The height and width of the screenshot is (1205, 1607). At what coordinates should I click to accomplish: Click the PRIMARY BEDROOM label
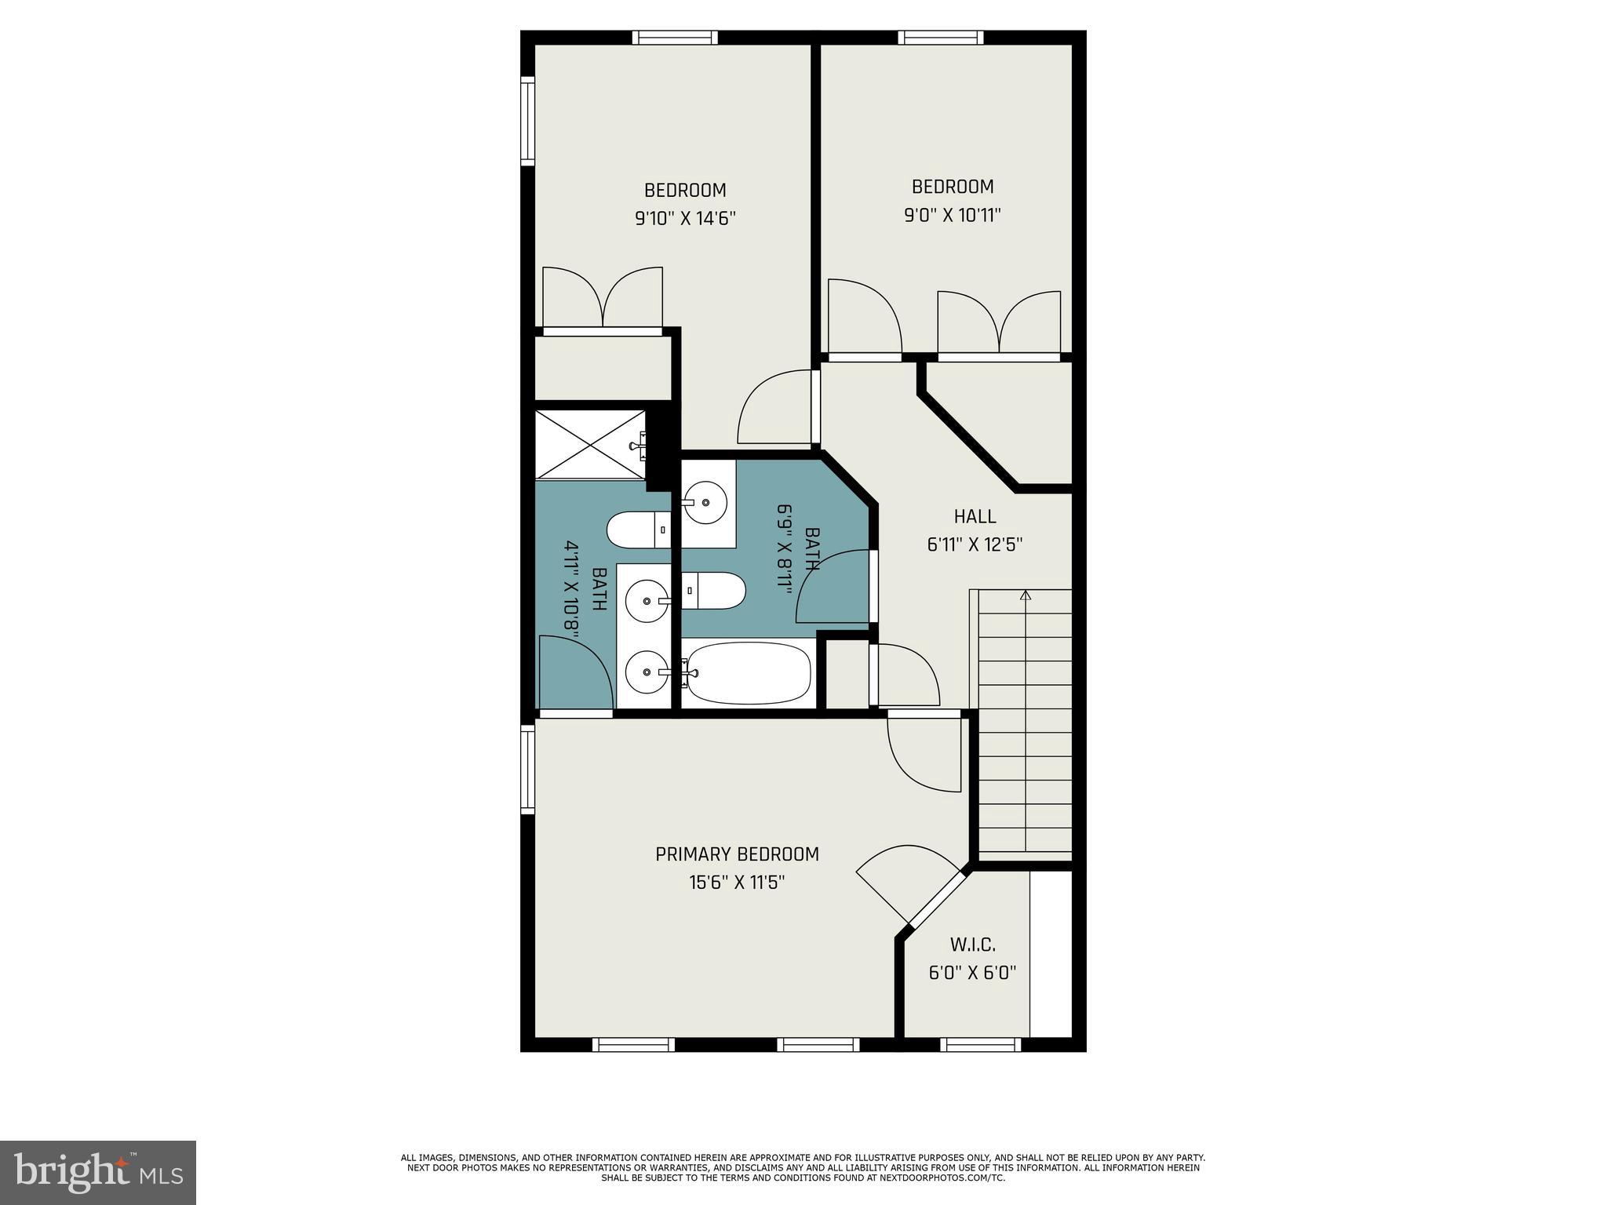point(737,854)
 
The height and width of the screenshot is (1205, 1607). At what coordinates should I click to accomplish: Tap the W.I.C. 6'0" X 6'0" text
point(972,959)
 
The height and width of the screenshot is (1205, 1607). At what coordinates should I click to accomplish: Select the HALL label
point(975,516)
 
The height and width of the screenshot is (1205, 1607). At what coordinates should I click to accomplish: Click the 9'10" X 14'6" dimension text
point(685,218)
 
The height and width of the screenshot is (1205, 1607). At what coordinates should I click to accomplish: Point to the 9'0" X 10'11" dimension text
point(953,215)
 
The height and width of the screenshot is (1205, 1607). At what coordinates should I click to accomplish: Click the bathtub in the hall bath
point(748,673)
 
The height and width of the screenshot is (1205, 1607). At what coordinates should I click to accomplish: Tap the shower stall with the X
point(590,443)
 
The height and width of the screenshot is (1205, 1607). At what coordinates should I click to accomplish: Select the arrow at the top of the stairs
point(1025,595)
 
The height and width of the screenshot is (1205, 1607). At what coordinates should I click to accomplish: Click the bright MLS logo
point(98,1172)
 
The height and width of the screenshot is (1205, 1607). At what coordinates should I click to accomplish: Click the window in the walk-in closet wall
point(980,1044)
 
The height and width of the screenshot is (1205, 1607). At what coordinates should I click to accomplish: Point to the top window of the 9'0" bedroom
point(940,37)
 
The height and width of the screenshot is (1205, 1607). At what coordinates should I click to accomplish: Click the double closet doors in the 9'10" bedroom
point(603,298)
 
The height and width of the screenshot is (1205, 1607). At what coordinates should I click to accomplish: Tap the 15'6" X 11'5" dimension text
point(737,883)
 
